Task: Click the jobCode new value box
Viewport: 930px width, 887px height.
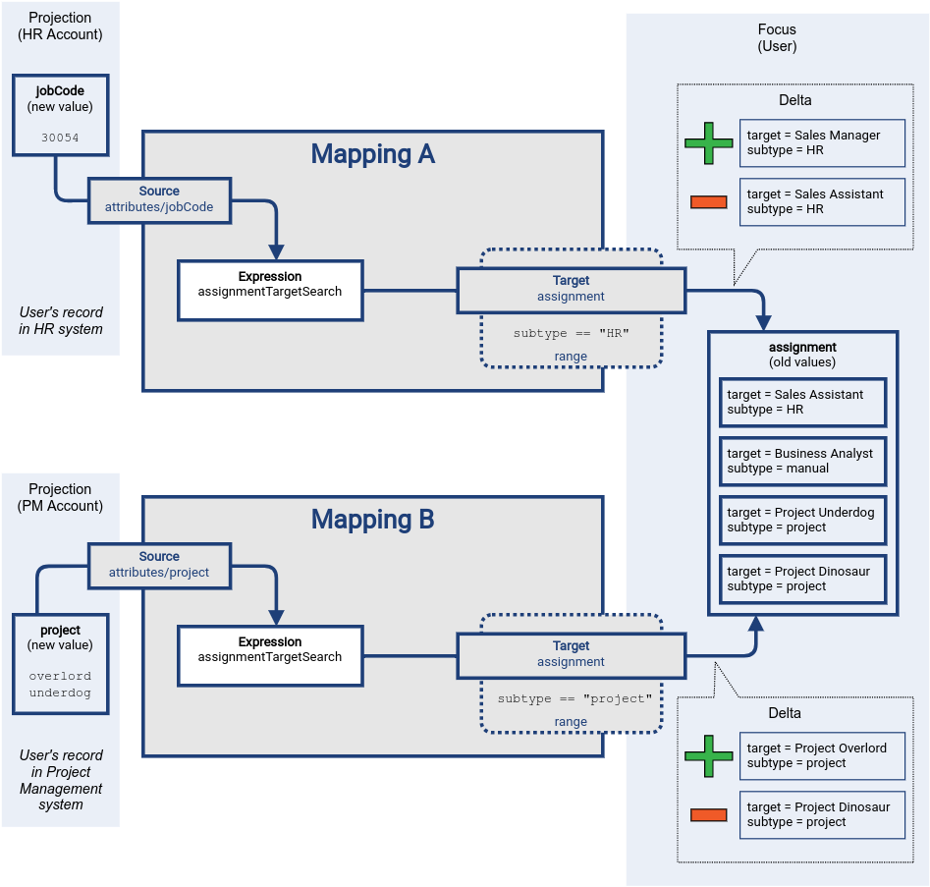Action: click(x=61, y=114)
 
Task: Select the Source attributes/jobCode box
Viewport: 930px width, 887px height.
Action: click(x=159, y=199)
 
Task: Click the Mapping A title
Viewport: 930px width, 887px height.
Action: click(x=372, y=154)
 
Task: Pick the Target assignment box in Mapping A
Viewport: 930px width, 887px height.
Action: click(x=571, y=288)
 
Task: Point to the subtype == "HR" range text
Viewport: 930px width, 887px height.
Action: click(x=571, y=334)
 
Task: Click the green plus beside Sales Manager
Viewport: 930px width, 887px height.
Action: click(x=709, y=143)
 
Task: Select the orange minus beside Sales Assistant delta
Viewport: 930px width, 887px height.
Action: click(x=708, y=202)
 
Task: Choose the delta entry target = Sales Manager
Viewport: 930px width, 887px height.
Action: click(x=822, y=143)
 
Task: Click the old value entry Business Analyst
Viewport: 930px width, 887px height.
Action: click(x=802, y=461)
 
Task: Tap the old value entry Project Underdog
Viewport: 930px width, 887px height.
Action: click(x=802, y=520)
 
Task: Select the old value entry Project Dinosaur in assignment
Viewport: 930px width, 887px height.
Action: click(x=802, y=579)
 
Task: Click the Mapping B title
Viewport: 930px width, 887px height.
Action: click(x=372, y=520)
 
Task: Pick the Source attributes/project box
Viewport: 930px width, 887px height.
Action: click(x=159, y=565)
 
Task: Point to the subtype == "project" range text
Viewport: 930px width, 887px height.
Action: click(x=574, y=698)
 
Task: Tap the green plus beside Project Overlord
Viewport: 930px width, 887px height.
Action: click(x=709, y=755)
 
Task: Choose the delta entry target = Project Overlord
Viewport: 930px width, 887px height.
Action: click(x=822, y=755)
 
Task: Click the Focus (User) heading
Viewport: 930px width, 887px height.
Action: click(x=777, y=38)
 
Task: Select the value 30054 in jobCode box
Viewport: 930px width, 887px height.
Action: click(x=61, y=139)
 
